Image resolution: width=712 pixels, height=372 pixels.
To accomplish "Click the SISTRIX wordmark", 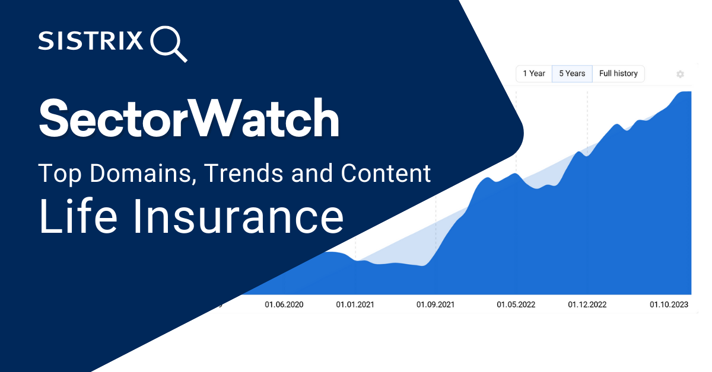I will pos(91,41).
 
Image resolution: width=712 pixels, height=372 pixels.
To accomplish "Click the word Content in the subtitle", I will pos(385,174).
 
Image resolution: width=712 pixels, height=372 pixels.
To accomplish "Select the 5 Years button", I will pos(572,73).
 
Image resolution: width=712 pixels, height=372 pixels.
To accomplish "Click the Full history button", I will pos(618,73).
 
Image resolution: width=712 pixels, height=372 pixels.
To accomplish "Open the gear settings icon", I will pos(680,74).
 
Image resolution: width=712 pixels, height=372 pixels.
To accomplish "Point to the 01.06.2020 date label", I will pos(284,304).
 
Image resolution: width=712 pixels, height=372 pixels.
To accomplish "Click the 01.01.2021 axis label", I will pos(355,304).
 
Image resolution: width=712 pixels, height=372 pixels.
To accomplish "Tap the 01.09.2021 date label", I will pos(436,304).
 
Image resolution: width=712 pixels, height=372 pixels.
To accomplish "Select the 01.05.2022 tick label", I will pos(516,304).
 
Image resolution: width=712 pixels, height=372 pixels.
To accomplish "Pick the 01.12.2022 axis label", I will pos(587,304).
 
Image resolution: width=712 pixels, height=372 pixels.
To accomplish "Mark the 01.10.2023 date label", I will pos(669,304).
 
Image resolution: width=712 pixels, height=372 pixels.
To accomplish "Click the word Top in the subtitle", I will pos(57,174).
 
